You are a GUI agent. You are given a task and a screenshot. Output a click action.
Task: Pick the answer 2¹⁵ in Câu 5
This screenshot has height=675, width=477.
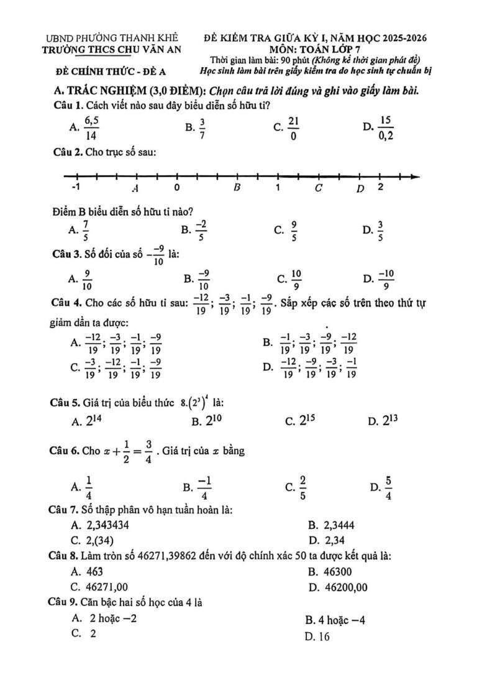click(x=301, y=421)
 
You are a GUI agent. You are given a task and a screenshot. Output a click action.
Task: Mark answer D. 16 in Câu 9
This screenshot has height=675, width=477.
click(x=317, y=636)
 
